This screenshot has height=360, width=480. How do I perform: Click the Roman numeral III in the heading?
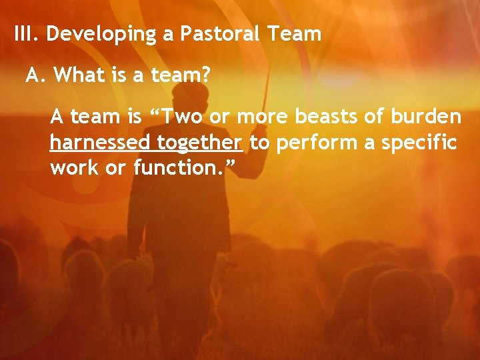coord(27,33)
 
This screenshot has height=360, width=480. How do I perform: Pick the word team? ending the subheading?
coord(178,76)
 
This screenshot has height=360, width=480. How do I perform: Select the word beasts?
coord(321,117)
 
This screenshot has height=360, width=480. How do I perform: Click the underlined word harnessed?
coord(100,143)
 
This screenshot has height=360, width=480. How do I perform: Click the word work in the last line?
coord(71,168)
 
